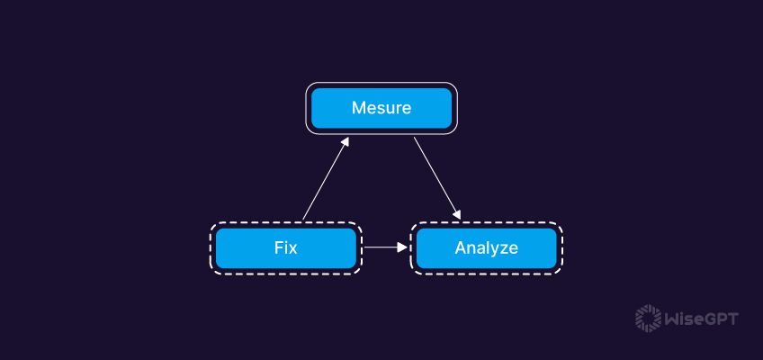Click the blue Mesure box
point(381,108)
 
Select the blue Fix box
point(285,247)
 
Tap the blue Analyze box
point(486,247)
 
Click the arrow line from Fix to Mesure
point(324,180)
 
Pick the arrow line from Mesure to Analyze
point(436,177)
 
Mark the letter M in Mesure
point(357,108)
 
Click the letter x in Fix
point(293,248)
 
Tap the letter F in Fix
point(278,247)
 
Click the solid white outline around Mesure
point(381,85)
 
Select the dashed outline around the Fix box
point(285,223)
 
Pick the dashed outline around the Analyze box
point(486,223)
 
